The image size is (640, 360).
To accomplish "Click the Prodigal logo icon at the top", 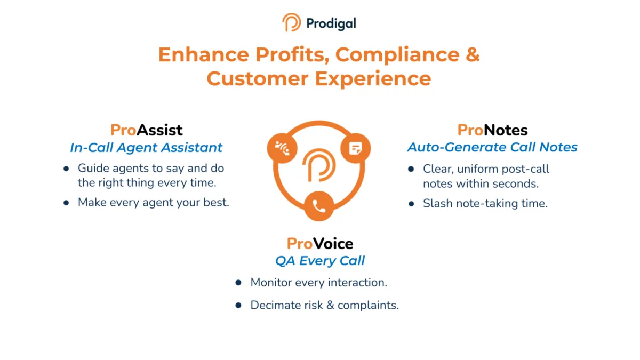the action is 291,22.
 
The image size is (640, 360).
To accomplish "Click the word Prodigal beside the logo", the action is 331,23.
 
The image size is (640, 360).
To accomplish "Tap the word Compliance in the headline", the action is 397,55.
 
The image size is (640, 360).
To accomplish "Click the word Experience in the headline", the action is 373,79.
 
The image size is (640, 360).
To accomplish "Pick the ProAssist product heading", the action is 146,130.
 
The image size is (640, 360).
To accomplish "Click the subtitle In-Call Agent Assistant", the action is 146,148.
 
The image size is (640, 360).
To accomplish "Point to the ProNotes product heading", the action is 492,130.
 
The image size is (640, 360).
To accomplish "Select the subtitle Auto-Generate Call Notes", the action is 492,147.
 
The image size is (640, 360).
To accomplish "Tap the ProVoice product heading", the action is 319,244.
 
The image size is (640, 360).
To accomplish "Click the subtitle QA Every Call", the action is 319,261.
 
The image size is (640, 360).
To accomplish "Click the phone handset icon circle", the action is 319,206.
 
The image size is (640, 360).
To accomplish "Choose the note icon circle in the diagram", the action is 355,148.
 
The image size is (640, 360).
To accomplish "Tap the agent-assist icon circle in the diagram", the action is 282,148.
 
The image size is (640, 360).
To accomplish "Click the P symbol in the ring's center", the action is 319,165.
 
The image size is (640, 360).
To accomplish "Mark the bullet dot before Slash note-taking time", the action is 411,204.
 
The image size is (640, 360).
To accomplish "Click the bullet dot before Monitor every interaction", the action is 238,283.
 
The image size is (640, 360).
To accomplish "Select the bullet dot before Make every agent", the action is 66,203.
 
